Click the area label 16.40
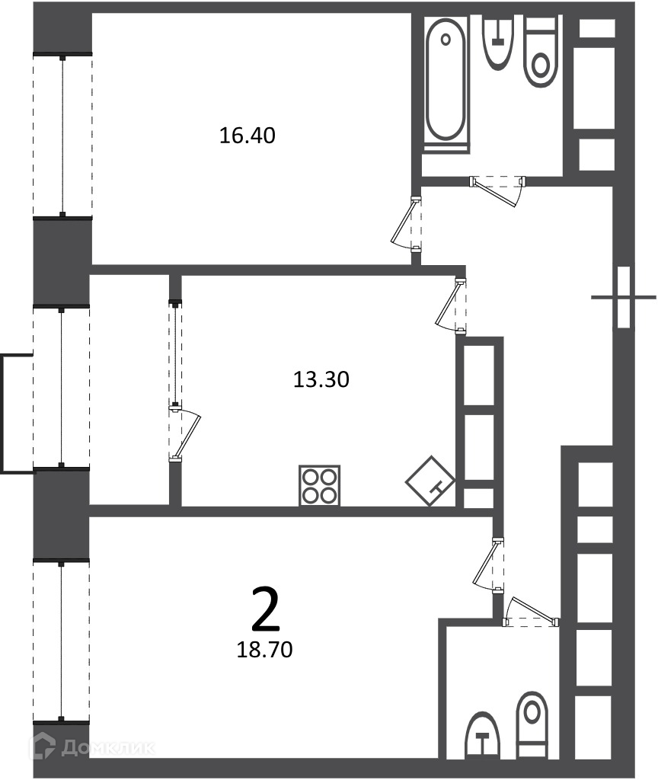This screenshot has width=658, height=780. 248,136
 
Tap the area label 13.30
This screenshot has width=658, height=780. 321,379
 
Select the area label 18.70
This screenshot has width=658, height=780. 264,650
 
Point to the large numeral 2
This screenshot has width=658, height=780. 266,609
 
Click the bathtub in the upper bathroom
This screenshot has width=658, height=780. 446,84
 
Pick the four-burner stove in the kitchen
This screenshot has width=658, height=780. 319,485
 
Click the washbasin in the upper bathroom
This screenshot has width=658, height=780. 498,43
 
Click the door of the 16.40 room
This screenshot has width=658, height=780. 408,223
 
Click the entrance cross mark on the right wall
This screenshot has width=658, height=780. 623,298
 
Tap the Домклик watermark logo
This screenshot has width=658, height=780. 92,746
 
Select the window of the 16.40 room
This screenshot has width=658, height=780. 62,136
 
